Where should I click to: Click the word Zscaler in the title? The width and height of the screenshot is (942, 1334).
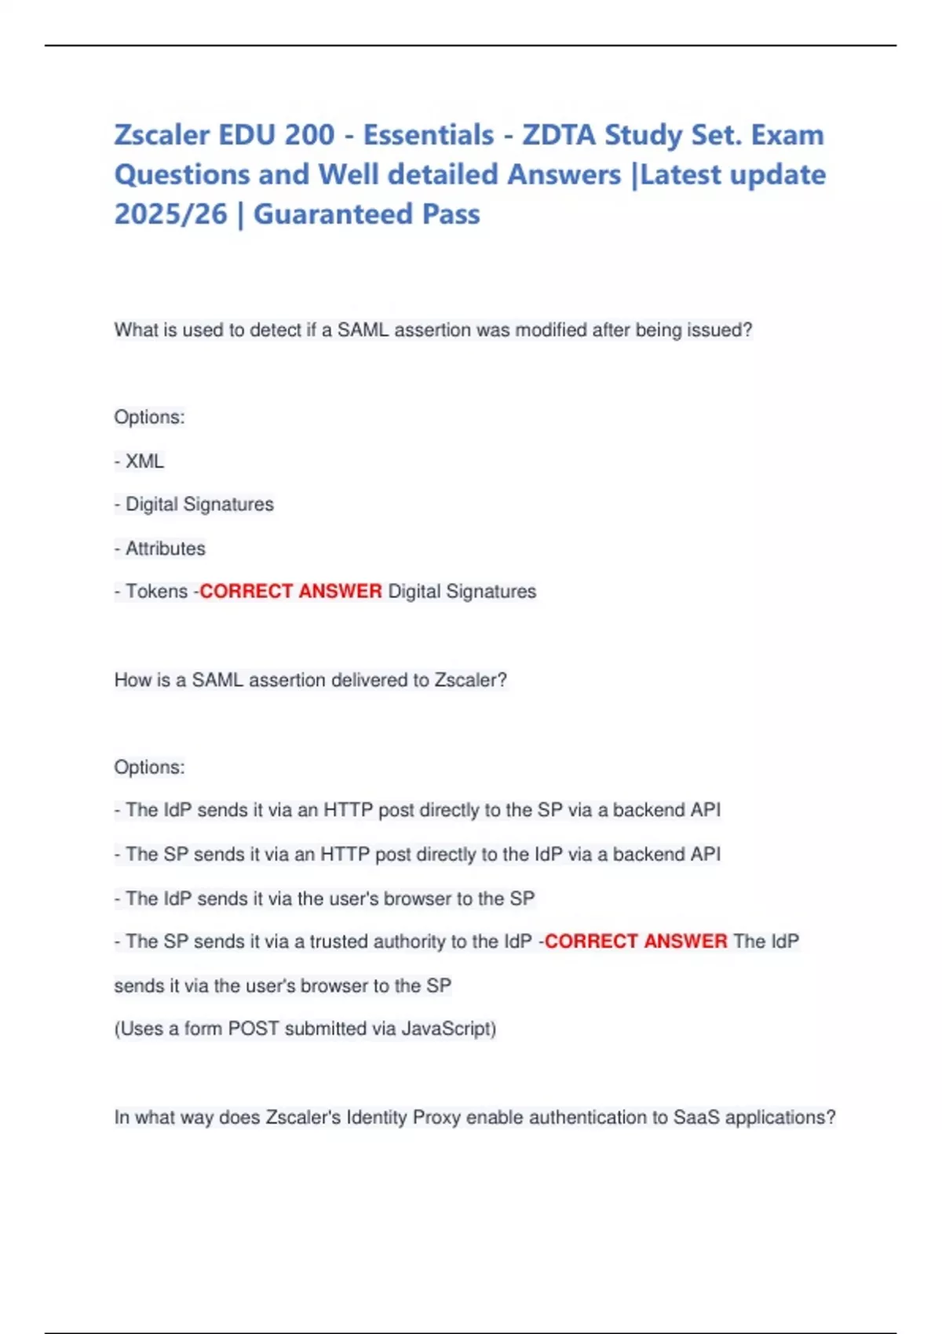coord(162,135)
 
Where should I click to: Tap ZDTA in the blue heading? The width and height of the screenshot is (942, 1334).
coord(558,135)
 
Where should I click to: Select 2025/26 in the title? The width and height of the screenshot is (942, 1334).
coord(170,214)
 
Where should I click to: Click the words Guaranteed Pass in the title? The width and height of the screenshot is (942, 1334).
coord(367,214)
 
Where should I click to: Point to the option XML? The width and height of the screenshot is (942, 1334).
coord(144,461)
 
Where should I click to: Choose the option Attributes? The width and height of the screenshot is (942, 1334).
coord(165,549)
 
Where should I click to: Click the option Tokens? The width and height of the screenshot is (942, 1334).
coord(156,592)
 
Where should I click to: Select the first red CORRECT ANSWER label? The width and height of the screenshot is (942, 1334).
coord(290,592)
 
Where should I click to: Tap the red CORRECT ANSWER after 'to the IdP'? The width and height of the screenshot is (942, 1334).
coord(636,942)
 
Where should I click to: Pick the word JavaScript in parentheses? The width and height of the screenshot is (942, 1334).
coord(447,1029)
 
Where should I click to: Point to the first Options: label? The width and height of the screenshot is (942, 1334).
coord(149,417)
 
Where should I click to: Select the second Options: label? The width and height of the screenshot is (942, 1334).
coord(149,767)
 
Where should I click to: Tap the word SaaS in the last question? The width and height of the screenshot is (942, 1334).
coord(696,1117)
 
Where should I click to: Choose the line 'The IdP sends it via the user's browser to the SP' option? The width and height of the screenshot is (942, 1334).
coord(330,898)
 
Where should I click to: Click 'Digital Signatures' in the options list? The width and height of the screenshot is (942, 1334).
coord(199,505)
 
